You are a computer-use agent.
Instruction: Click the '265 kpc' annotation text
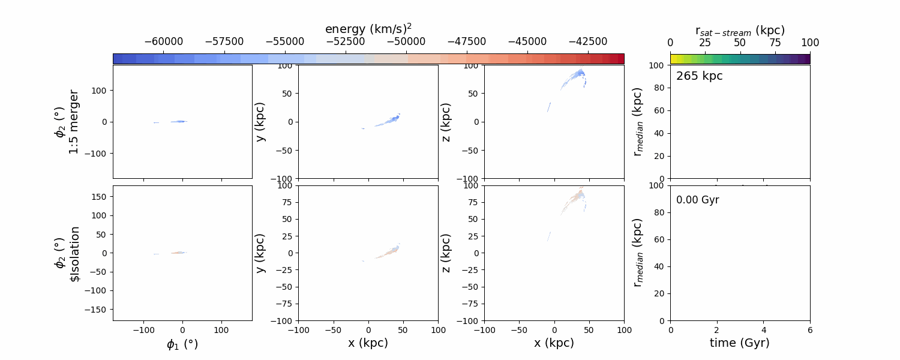[699, 76]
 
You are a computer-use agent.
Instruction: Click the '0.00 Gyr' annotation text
[697, 200]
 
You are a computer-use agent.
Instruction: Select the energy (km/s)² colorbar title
[368, 29]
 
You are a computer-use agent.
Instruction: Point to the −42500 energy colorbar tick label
[587, 42]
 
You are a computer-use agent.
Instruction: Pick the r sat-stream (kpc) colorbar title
[740, 30]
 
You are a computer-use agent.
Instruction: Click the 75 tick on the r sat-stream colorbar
[775, 42]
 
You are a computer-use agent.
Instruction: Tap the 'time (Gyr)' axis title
[740, 343]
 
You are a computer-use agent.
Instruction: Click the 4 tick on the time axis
[764, 329]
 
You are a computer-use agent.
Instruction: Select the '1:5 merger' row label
[74, 122]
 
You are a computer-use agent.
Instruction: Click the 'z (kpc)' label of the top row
[446, 122]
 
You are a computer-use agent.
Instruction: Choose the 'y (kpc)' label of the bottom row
[260, 253]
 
